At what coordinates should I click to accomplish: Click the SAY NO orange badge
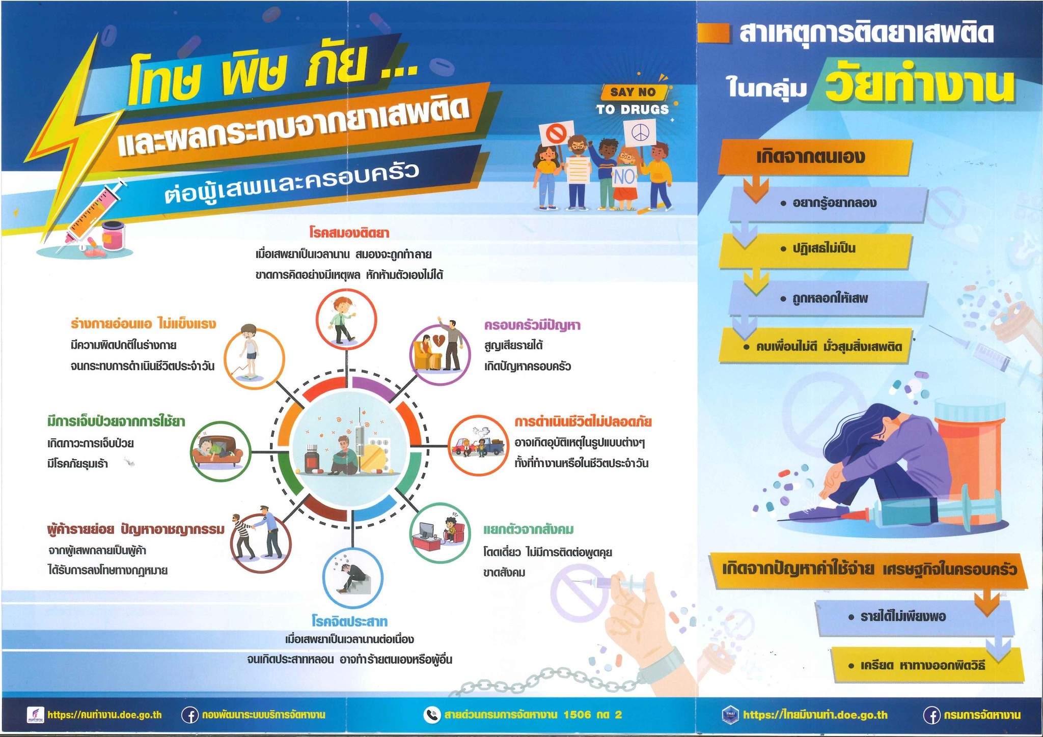pos(633,92)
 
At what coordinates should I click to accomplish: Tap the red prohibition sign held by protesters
pos(554,134)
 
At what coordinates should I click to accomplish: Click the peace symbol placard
pos(640,133)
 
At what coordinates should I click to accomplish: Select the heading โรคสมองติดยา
pos(349,233)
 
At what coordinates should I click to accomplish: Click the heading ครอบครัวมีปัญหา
pos(532,325)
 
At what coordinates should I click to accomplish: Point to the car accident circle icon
pos(478,445)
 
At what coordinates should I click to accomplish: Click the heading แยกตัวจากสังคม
pos(528,529)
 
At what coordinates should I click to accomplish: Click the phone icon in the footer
pos(431,715)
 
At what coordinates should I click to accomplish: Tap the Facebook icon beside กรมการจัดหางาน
pos(931,715)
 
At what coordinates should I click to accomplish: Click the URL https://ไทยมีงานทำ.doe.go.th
pos(815,715)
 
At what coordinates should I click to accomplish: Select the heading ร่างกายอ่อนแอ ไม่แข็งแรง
pos(143,324)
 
